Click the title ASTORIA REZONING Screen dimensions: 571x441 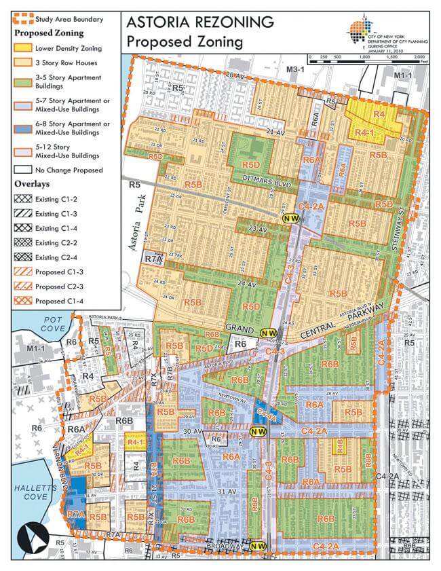(x=200, y=22)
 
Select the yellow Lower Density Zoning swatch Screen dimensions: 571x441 (x=25, y=48)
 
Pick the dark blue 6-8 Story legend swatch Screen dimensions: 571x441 (x=25, y=128)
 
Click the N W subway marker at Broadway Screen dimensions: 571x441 (x=258, y=546)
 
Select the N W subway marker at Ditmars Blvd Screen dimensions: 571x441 (x=292, y=217)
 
